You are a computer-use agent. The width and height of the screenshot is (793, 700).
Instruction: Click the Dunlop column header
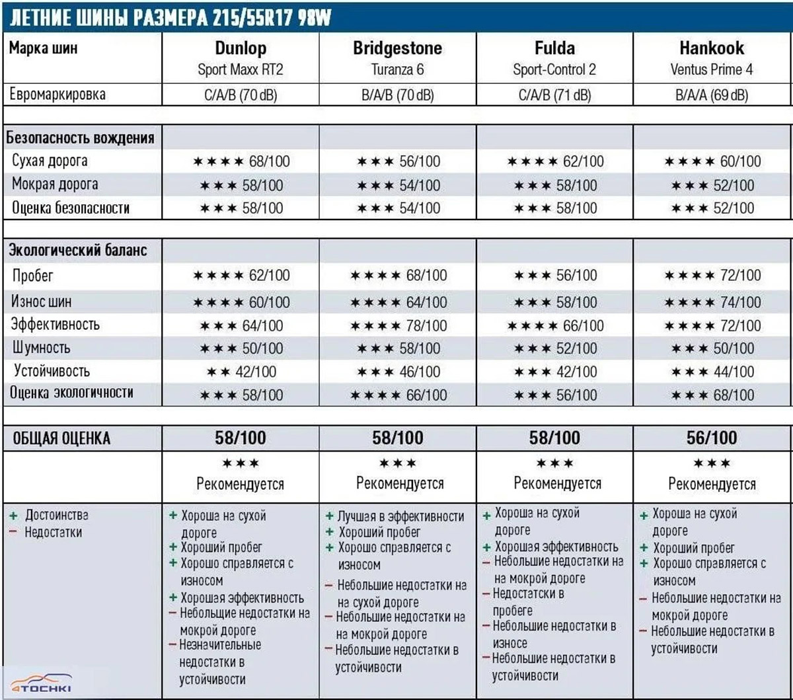tap(241, 48)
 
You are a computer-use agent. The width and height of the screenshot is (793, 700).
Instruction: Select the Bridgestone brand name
tap(397, 48)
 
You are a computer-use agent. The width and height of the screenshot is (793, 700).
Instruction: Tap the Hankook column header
tap(711, 48)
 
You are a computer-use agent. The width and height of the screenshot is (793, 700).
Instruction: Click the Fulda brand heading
tap(554, 48)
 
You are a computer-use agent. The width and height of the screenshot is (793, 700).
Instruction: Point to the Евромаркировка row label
tap(57, 95)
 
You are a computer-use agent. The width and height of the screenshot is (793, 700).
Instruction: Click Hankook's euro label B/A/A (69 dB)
tap(712, 95)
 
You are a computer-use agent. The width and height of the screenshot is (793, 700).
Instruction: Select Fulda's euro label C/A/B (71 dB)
tap(554, 95)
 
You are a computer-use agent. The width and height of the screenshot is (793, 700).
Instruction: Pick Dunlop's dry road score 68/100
tap(269, 161)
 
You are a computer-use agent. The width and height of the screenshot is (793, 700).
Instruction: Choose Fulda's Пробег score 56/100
tap(576, 276)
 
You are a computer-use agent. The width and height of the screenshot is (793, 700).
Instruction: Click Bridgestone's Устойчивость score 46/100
tap(419, 372)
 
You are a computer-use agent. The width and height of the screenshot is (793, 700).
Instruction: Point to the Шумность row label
tap(41, 348)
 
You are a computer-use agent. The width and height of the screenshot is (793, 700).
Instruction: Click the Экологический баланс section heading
tap(77, 251)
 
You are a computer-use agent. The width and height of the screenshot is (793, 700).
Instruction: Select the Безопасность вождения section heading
tap(81, 138)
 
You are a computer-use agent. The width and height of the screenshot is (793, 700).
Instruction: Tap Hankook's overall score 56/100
tap(712, 438)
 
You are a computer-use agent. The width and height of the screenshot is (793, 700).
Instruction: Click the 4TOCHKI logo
tap(41, 683)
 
